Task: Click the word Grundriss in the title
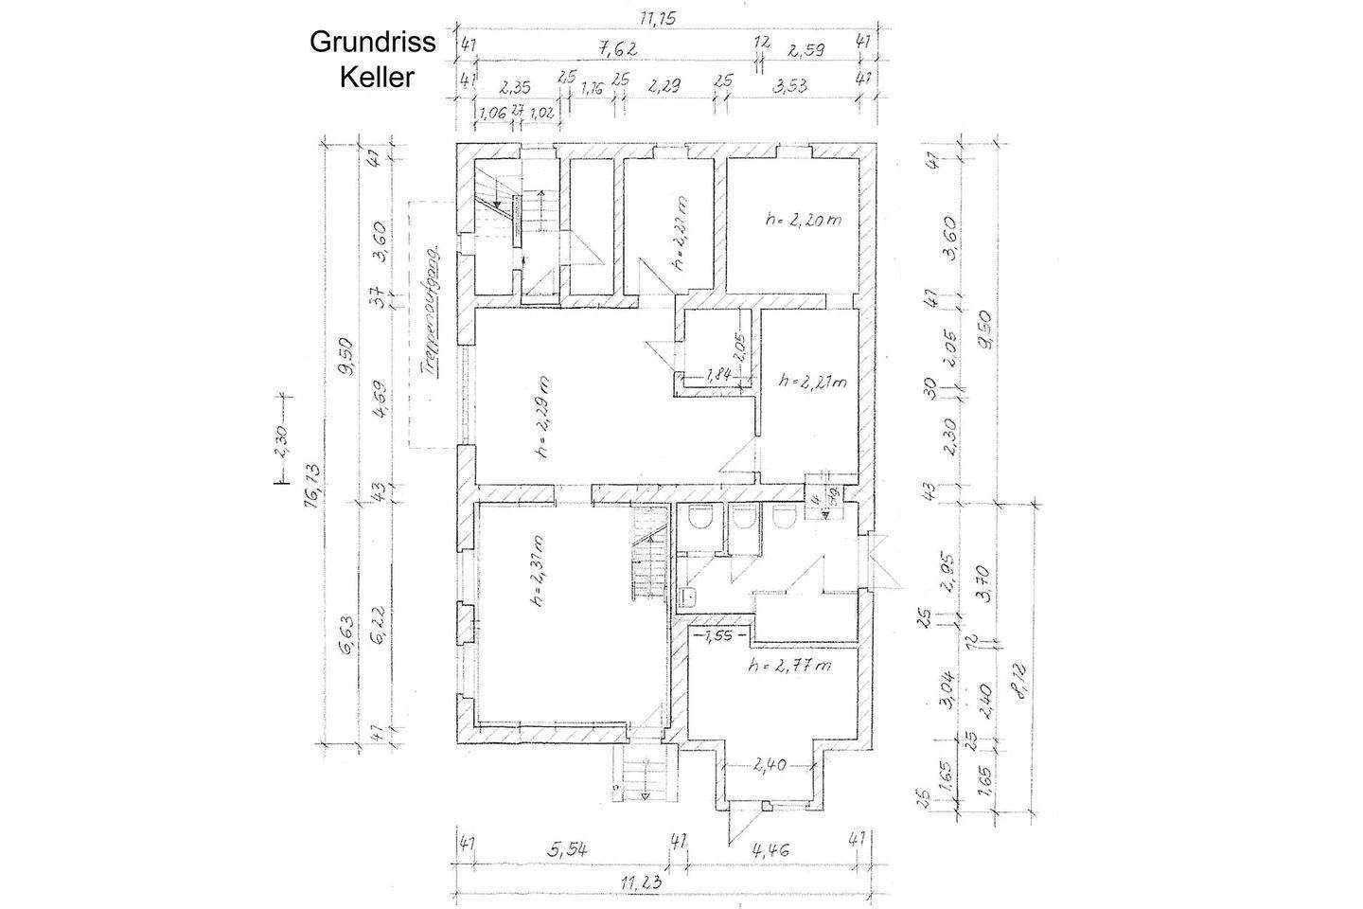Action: pos(374,43)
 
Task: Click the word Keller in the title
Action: pos(376,77)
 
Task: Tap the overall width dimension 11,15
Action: pos(660,18)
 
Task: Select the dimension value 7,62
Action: pos(615,46)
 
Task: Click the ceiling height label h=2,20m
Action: pos(804,220)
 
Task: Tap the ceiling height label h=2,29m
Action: pos(543,418)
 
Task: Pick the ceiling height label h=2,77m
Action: pos(789,666)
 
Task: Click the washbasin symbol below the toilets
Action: pos(688,596)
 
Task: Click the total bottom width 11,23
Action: pos(641,882)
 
